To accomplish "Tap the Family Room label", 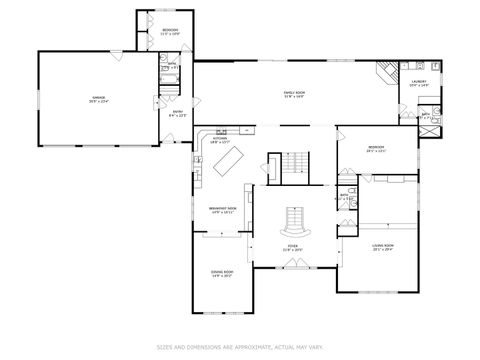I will tap(293, 94).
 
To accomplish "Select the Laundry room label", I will tap(419, 84).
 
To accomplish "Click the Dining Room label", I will tap(222, 273).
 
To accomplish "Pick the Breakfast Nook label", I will tap(222, 210).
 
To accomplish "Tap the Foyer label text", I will tap(293, 247).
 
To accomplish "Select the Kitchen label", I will tap(219, 140).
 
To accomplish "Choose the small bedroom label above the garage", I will tap(170, 33).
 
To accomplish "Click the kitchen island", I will tap(231, 159).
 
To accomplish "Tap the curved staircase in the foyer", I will tap(293, 217).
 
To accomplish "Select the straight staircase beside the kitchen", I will tap(294, 164).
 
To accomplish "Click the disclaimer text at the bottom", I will tap(240, 347).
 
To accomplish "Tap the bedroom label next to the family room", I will tap(376, 150).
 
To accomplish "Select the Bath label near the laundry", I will tap(425, 116).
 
